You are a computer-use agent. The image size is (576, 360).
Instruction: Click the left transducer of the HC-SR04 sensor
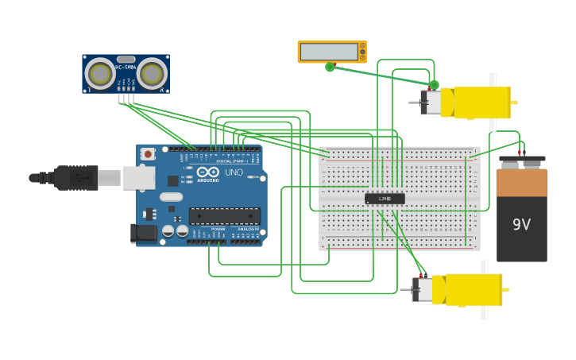coord(100,74)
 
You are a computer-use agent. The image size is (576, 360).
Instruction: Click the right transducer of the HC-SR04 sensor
coord(152,74)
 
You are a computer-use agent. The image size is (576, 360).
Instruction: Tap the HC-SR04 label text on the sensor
coord(126,68)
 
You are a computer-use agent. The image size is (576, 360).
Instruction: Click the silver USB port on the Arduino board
coord(138,177)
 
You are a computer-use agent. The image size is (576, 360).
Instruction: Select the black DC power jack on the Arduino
coord(143,232)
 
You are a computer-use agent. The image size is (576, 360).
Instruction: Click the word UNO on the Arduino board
coord(234,172)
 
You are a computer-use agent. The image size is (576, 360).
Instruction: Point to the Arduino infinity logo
coord(208,172)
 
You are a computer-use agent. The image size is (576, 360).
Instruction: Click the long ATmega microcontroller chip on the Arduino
coord(224,215)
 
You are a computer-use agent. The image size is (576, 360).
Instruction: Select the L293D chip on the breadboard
coord(385,199)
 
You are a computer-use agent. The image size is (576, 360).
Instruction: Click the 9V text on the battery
coord(521,225)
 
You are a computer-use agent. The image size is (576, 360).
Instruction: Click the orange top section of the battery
coord(521,182)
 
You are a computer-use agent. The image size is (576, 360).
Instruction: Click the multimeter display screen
coord(329,52)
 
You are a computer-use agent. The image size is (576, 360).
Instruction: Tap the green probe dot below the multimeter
coord(330,67)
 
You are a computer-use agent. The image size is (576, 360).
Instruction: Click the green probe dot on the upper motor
coord(434,84)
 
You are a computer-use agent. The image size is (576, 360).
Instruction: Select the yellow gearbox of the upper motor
coord(481,103)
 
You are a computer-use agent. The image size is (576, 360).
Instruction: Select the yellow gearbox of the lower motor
coord(474,289)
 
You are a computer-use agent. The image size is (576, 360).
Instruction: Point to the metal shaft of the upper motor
coord(414,103)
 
